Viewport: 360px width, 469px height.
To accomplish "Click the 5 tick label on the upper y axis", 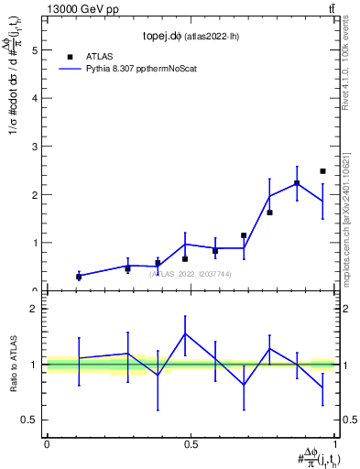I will [x=36, y=51].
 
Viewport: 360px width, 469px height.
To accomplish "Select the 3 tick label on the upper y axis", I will [x=36, y=147].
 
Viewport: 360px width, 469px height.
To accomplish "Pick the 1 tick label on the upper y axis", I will [x=36, y=243].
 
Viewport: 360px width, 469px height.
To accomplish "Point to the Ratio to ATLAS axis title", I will [x=12, y=364].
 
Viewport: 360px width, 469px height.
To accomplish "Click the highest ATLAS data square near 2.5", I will [x=322, y=171].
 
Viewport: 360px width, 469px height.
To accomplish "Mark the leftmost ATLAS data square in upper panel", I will [x=79, y=277].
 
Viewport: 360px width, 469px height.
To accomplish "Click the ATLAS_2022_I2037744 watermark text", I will [x=191, y=274].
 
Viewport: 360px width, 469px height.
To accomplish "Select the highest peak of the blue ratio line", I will [x=185, y=333].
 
